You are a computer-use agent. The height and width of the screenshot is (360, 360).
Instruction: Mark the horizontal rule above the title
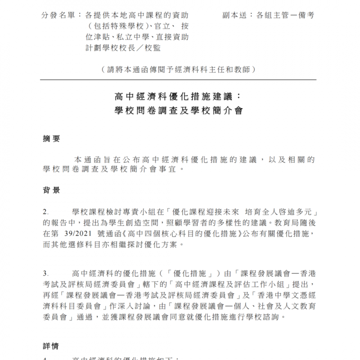click(x=179, y=80)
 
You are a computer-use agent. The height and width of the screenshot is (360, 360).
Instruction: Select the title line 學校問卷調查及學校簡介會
click(x=179, y=110)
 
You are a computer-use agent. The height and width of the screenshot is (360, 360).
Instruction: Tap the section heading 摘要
click(x=51, y=139)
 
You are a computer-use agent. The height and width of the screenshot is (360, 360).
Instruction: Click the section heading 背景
click(x=51, y=191)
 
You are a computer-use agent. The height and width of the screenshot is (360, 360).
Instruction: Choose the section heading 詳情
click(x=51, y=347)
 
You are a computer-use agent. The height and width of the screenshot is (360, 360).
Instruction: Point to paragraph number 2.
click(x=45, y=212)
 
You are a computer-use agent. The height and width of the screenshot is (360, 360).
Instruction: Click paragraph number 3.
click(x=45, y=273)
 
